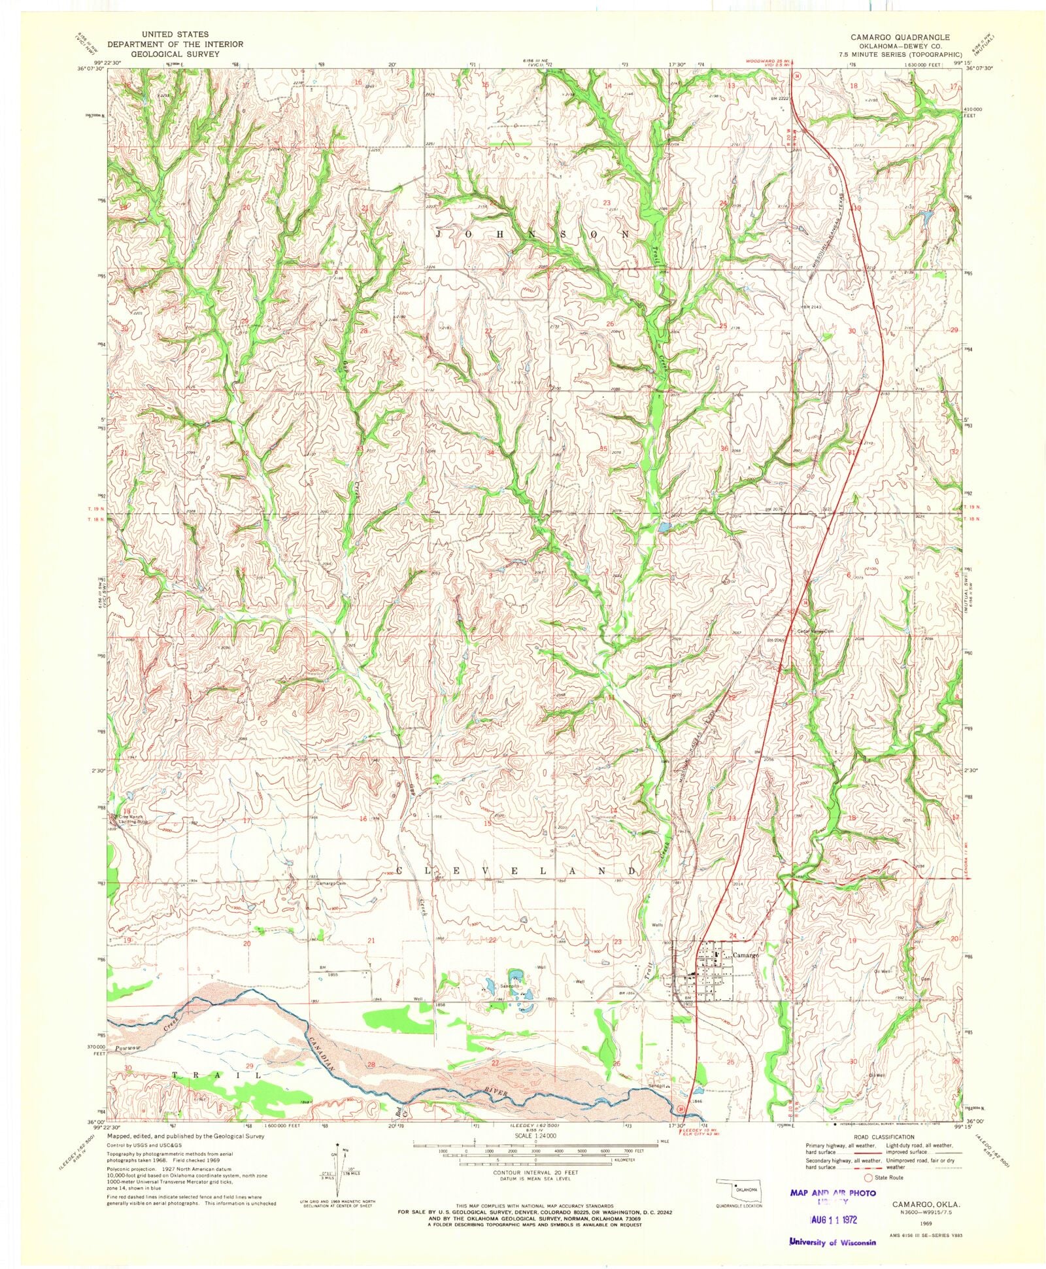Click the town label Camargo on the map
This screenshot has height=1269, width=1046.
(x=745, y=955)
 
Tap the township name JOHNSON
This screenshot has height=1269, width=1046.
(x=533, y=233)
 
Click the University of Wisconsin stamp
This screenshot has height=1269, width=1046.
(x=832, y=1241)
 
